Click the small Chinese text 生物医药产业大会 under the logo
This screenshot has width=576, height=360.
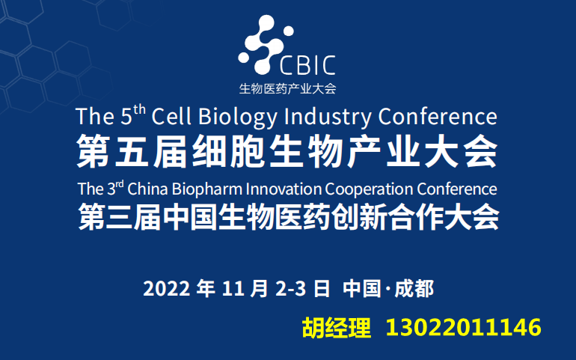pyautogui.click(x=287, y=89)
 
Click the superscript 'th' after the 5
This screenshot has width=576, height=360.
pyautogui.click(x=139, y=110)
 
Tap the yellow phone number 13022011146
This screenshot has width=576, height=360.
pyautogui.click(x=463, y=328)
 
